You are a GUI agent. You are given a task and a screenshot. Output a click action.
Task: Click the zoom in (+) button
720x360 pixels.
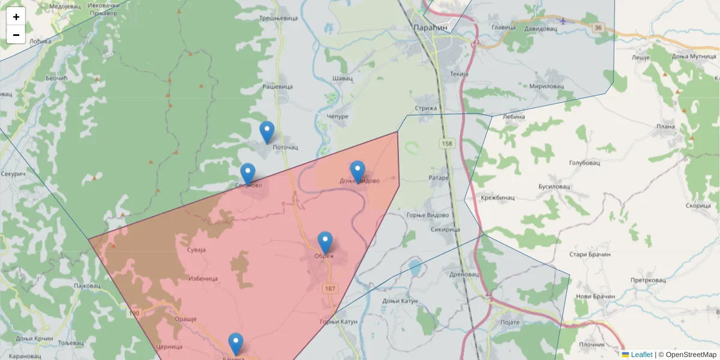tap(16, 17)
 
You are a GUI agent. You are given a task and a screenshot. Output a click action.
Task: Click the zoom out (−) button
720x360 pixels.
tap(16, 35)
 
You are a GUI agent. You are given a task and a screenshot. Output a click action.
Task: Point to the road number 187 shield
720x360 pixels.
tap(329, 289)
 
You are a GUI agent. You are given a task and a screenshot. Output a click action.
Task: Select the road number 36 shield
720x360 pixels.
tap(598, 28)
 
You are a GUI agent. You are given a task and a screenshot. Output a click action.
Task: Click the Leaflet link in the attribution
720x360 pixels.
tap(641, 355)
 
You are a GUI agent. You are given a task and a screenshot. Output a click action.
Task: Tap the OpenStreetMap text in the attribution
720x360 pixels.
tap(691, 355)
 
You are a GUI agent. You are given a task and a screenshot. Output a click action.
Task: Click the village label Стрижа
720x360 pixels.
tap(425, 108)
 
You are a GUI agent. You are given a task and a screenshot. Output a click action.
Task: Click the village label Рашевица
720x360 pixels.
tap(278, 86)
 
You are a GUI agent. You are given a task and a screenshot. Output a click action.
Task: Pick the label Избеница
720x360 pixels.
tap(203, 278)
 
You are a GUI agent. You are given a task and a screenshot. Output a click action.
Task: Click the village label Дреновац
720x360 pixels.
tap(464, 274)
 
